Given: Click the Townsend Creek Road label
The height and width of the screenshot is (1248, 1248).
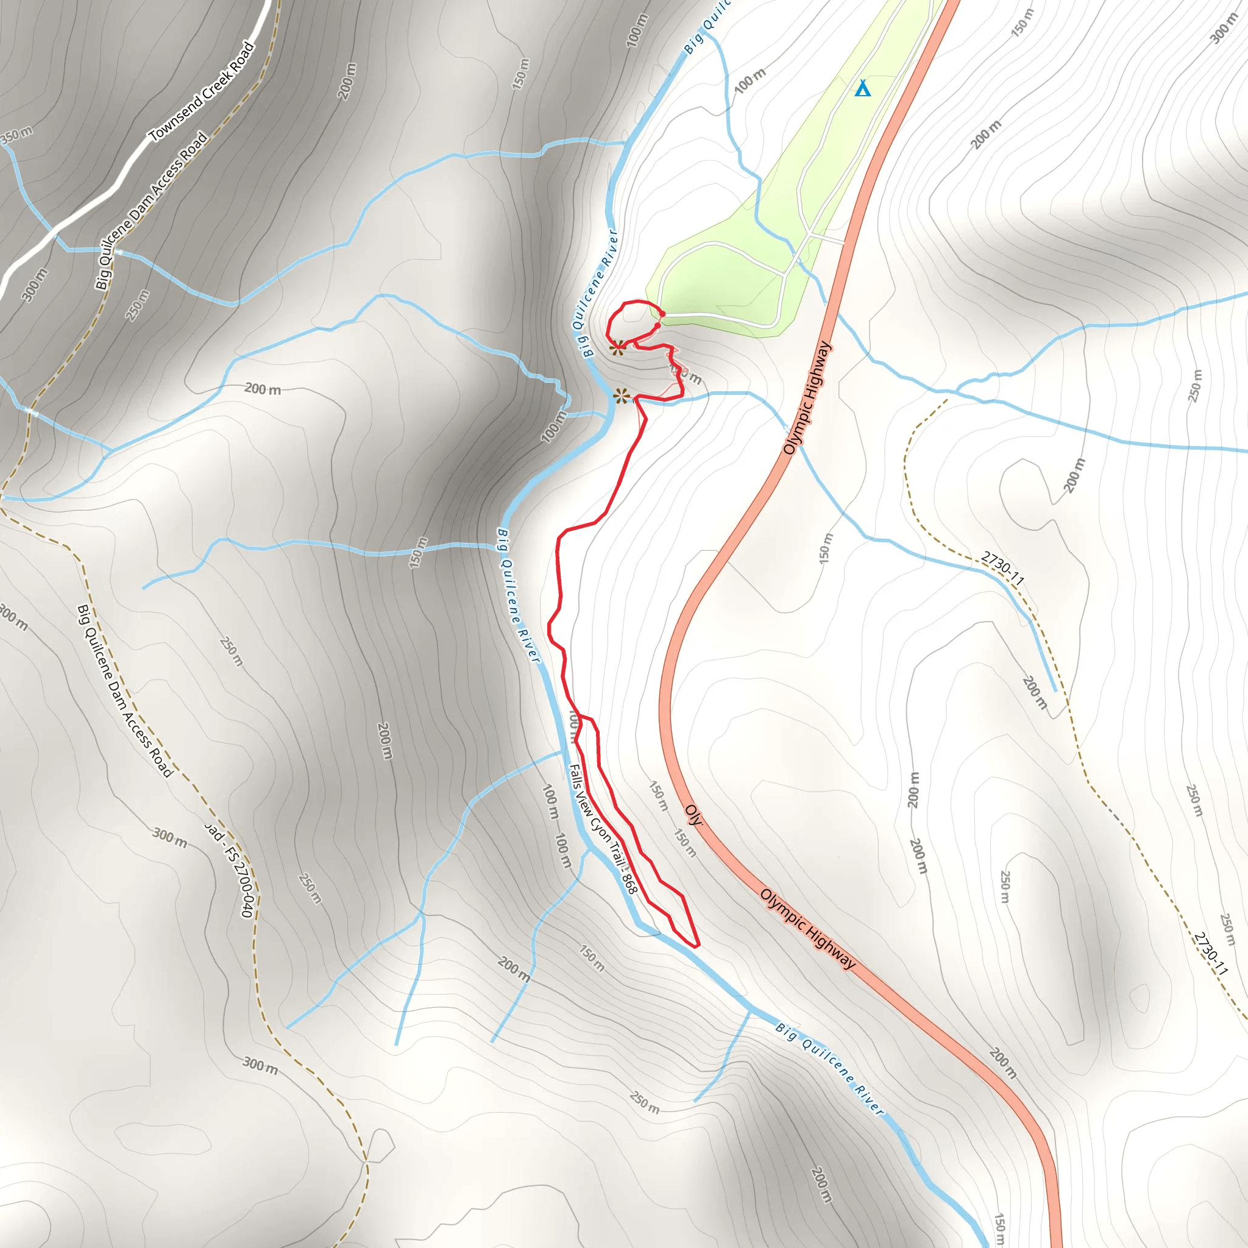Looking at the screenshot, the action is click(202, 92).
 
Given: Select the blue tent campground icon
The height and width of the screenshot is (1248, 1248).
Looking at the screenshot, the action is click(862, 88).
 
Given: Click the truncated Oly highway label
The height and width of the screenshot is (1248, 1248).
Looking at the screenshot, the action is click(693, 815).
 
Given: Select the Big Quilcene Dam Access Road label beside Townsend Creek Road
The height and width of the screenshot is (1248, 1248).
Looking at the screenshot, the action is click(151, 210).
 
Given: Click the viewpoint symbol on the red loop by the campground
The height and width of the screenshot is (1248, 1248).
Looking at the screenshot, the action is click(617, 348).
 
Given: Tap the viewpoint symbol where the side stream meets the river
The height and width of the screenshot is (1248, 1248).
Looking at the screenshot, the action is click(621, 395).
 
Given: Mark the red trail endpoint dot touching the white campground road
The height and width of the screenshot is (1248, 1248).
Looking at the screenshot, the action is click(662, 314).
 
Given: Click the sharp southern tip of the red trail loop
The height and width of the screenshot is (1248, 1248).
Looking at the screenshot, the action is click(697, 946).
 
